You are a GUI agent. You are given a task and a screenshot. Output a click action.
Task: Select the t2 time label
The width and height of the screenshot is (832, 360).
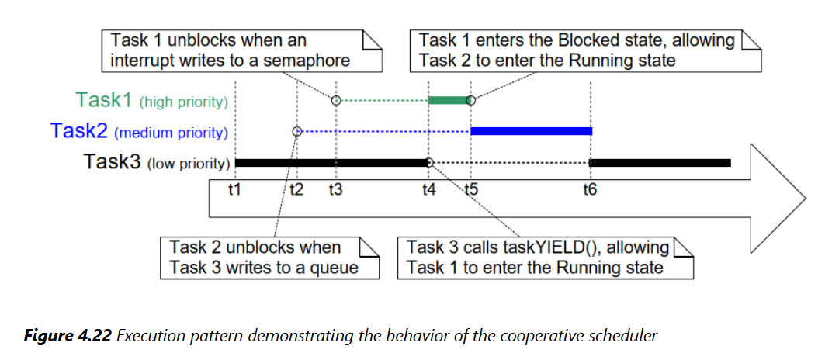296,189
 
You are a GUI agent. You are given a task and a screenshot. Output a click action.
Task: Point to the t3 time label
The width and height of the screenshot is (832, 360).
335,189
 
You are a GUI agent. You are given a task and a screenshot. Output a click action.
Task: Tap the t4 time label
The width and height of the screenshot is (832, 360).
428,189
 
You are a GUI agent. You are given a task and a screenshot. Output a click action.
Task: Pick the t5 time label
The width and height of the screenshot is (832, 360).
470,189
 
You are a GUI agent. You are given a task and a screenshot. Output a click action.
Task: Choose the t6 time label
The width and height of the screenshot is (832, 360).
590,189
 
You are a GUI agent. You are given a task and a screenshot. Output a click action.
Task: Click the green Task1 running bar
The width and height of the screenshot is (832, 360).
449,100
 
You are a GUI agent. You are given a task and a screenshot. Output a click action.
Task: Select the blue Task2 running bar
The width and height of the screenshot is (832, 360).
531,131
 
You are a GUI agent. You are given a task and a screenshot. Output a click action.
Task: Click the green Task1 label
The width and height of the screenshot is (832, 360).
105,100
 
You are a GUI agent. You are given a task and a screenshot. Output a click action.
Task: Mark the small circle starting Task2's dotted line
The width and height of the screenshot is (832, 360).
296,131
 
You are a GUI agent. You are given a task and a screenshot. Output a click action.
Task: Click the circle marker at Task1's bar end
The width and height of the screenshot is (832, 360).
472,100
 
